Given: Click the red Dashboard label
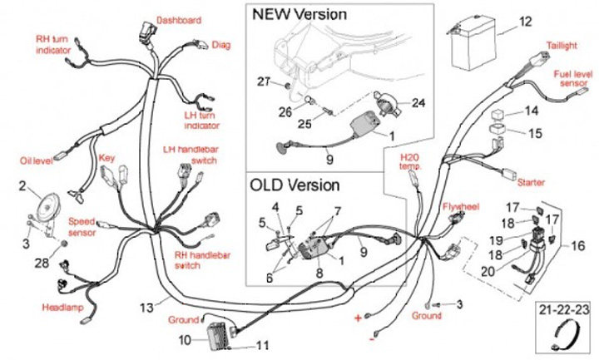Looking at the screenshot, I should (x=179, y=20).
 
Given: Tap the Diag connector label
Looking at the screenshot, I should (x=221, y=45).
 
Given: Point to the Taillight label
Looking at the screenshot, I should (x=562, y=45).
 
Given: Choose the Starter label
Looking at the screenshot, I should (x=531, y=181).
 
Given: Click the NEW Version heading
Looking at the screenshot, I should (x=299, y=14).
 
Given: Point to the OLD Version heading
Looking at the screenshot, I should (x=295, y=185).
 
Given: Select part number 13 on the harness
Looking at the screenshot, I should (x=146, y=307).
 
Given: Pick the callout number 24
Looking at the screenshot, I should (x=418, y=103).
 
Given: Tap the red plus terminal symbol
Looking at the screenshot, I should (x=359, y=318).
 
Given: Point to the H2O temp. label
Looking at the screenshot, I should (x=410, y=161).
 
